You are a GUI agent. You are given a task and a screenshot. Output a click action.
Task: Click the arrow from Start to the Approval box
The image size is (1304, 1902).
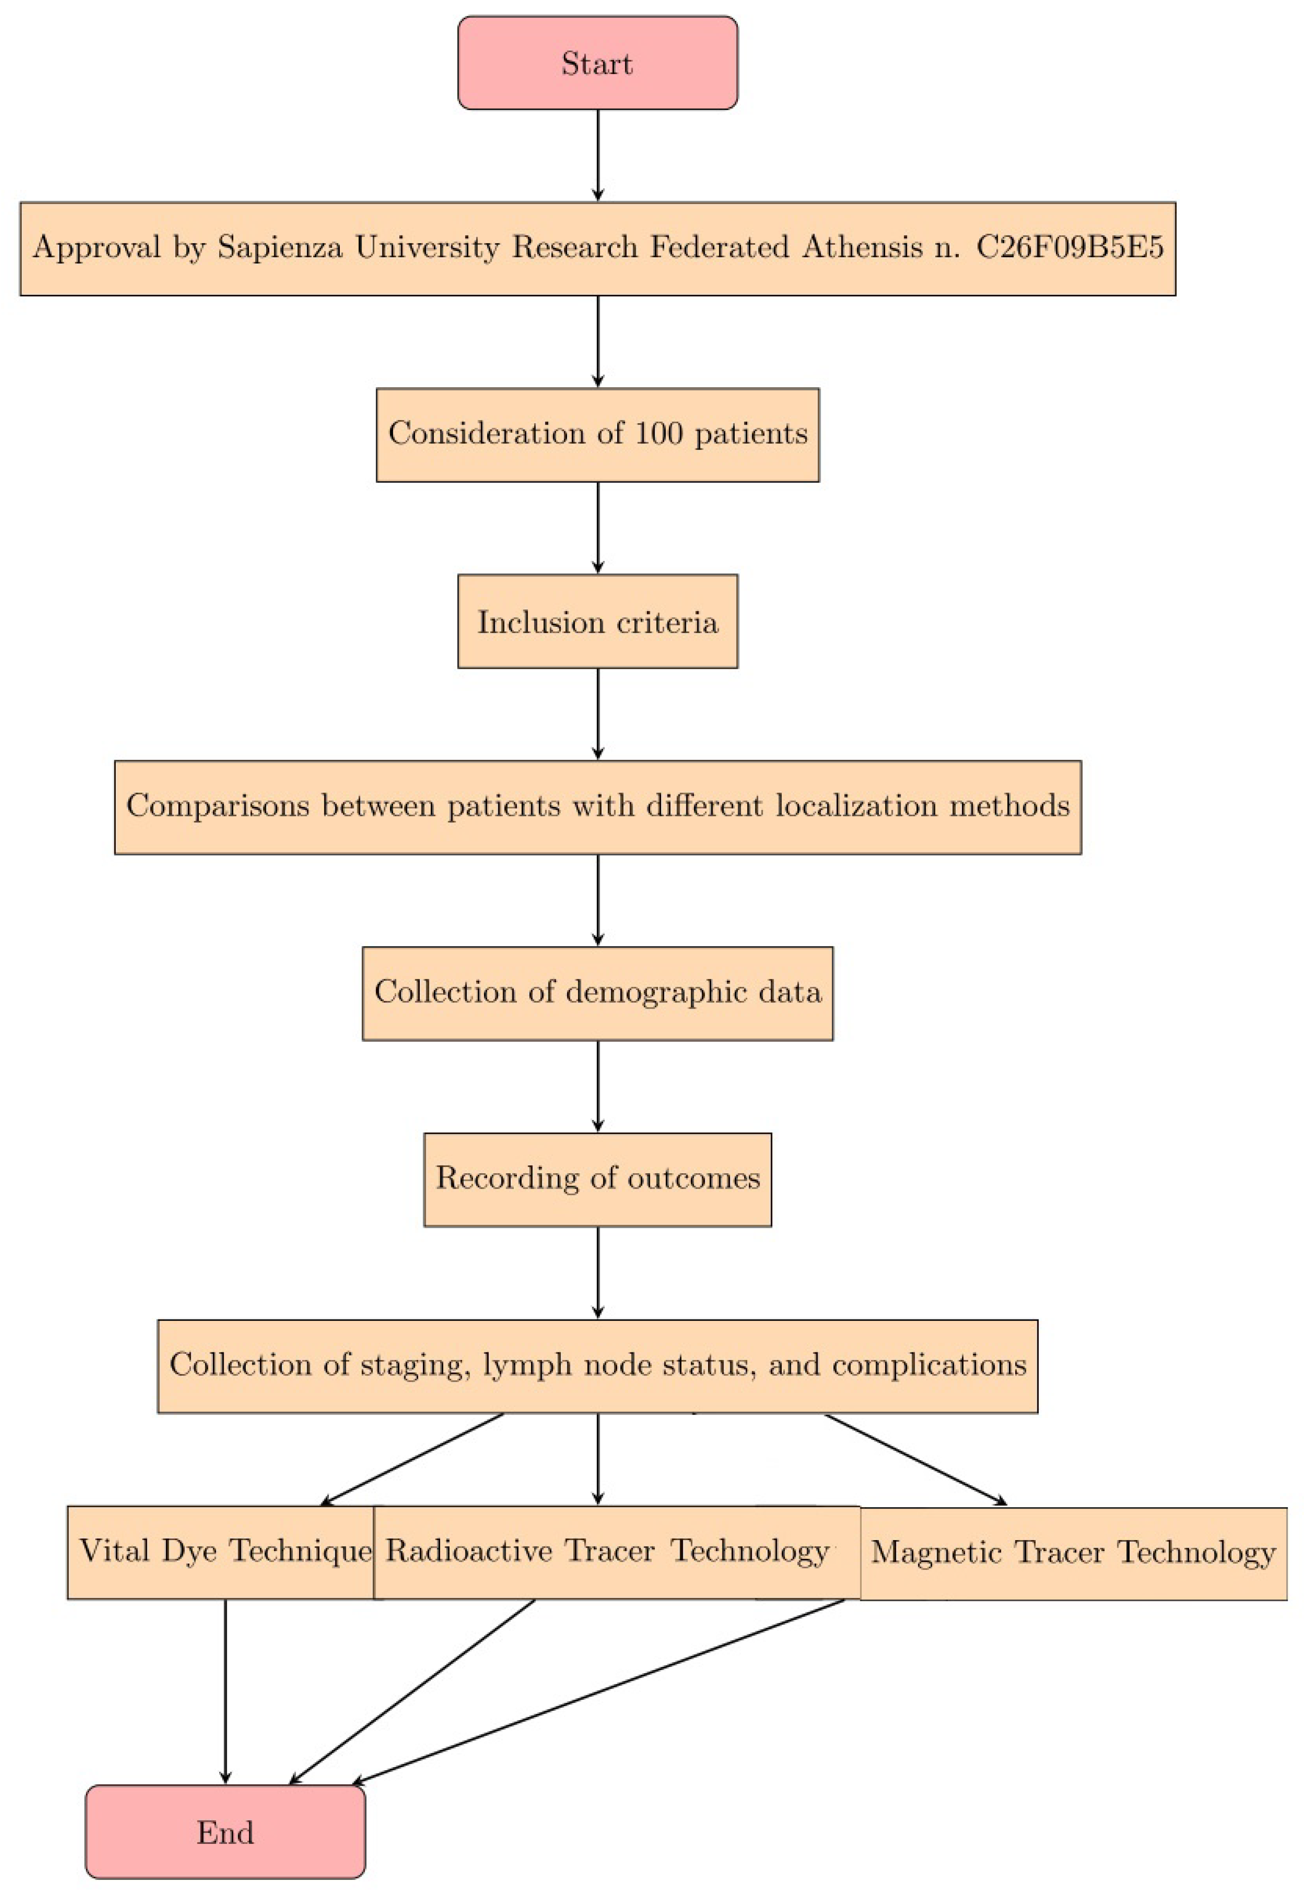pos(598,156)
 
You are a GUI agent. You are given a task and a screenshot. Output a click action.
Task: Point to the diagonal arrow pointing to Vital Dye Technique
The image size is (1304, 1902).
pos(412,1459)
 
